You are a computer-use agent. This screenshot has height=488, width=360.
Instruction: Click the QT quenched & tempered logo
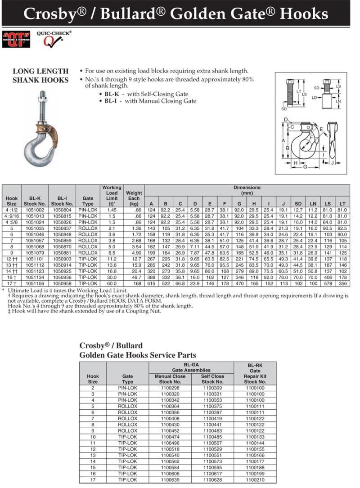click(16, 39)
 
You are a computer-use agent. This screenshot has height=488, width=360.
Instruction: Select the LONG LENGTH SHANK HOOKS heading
click(40, 76)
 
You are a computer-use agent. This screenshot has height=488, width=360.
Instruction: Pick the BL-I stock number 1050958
click(62, 284)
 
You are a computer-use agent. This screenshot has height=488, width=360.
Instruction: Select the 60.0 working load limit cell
click(112, 284)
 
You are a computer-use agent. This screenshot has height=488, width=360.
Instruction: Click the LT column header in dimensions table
click(342, 204)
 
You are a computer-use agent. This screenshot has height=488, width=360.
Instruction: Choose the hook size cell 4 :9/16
click(12, 216)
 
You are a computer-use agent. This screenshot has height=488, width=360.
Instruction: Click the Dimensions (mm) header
click(246, 190)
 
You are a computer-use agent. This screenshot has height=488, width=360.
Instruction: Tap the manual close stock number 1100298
click(170, 388)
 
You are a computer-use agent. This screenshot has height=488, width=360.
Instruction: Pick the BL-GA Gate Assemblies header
click(191, 367)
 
